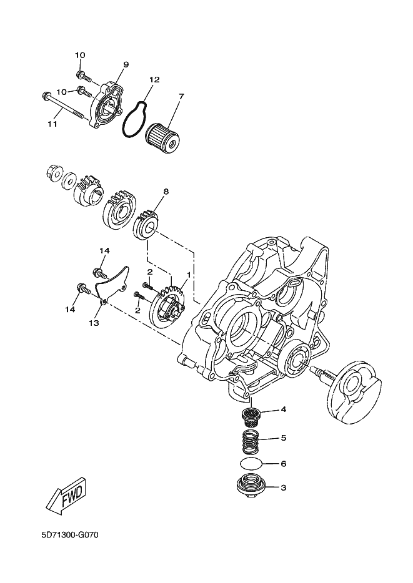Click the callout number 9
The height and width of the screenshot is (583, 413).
point(125,65)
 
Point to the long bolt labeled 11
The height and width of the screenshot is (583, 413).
point(64,104)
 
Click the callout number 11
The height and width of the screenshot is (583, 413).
point(52,124)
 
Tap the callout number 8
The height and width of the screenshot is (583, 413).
point(165,192)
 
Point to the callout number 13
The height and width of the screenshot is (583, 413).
point(94,323)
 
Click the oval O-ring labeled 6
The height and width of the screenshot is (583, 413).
point(251,464)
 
